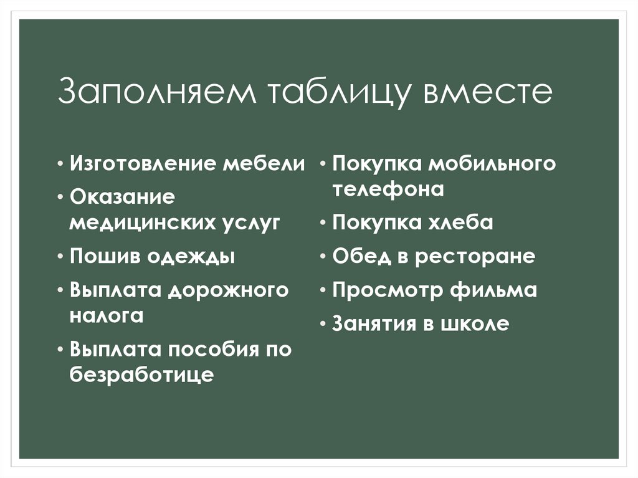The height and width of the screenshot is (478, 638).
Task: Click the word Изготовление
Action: point(143,165)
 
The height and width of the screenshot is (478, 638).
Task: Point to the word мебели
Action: point(265,165)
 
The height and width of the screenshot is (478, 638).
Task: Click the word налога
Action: point(107,315)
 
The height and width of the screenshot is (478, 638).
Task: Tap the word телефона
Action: point(388,189)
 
